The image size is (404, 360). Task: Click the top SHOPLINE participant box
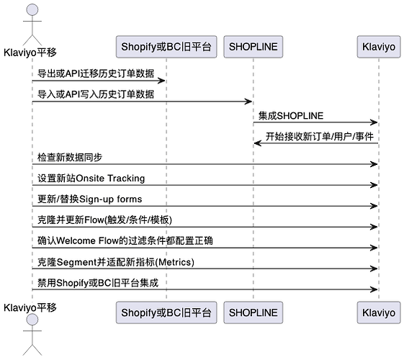[253, 47]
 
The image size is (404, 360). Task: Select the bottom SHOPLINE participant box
[253, 312]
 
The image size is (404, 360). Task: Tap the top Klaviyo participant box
[379, 47]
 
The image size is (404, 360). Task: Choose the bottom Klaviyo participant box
[379, 312]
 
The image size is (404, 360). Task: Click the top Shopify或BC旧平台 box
[166, 47]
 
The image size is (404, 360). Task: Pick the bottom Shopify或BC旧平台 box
[166, 312]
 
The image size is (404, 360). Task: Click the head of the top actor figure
[32, 10]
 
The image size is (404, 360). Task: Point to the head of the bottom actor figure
[32, 320]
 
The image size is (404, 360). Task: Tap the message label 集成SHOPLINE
[291, 116]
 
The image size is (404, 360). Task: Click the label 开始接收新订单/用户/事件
[320, 136]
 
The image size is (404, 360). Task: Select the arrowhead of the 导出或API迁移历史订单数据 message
[161, 81]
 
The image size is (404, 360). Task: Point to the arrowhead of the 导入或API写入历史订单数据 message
[248, 102]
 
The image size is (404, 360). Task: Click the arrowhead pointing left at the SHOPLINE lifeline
[258, 143]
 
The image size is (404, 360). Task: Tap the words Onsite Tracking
[110, 178]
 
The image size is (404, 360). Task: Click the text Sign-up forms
[110, 199]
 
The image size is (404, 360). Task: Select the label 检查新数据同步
[70, 157]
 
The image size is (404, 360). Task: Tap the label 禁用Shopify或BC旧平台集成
[98, 283]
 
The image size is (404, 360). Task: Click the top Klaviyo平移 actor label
[30, 53]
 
